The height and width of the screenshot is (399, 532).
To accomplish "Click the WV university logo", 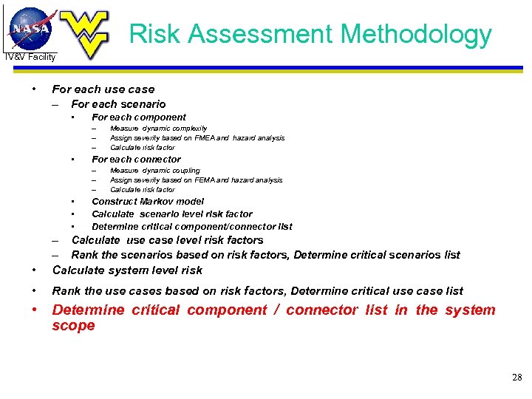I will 84,33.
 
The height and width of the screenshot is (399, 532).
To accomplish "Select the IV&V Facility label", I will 30,57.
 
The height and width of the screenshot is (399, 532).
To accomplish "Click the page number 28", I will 516,378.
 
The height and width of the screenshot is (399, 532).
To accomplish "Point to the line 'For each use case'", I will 103,89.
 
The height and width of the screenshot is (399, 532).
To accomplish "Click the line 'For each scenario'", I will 118,104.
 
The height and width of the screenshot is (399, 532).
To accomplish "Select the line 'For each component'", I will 138,117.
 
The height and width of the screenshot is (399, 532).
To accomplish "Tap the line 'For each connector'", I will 136,159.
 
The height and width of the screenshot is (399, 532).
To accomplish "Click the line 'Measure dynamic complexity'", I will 158,128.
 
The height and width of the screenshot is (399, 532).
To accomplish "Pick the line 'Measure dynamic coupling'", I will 154,170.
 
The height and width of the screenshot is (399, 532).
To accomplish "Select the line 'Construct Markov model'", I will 147,201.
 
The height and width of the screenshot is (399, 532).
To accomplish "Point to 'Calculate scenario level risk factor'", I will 171,214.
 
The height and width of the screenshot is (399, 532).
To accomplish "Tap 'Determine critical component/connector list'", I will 191,226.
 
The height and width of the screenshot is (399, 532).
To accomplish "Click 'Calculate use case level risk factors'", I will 167,240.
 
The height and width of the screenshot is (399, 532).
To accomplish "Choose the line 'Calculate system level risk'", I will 127,270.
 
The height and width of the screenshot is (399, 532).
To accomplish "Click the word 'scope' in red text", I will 73,326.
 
